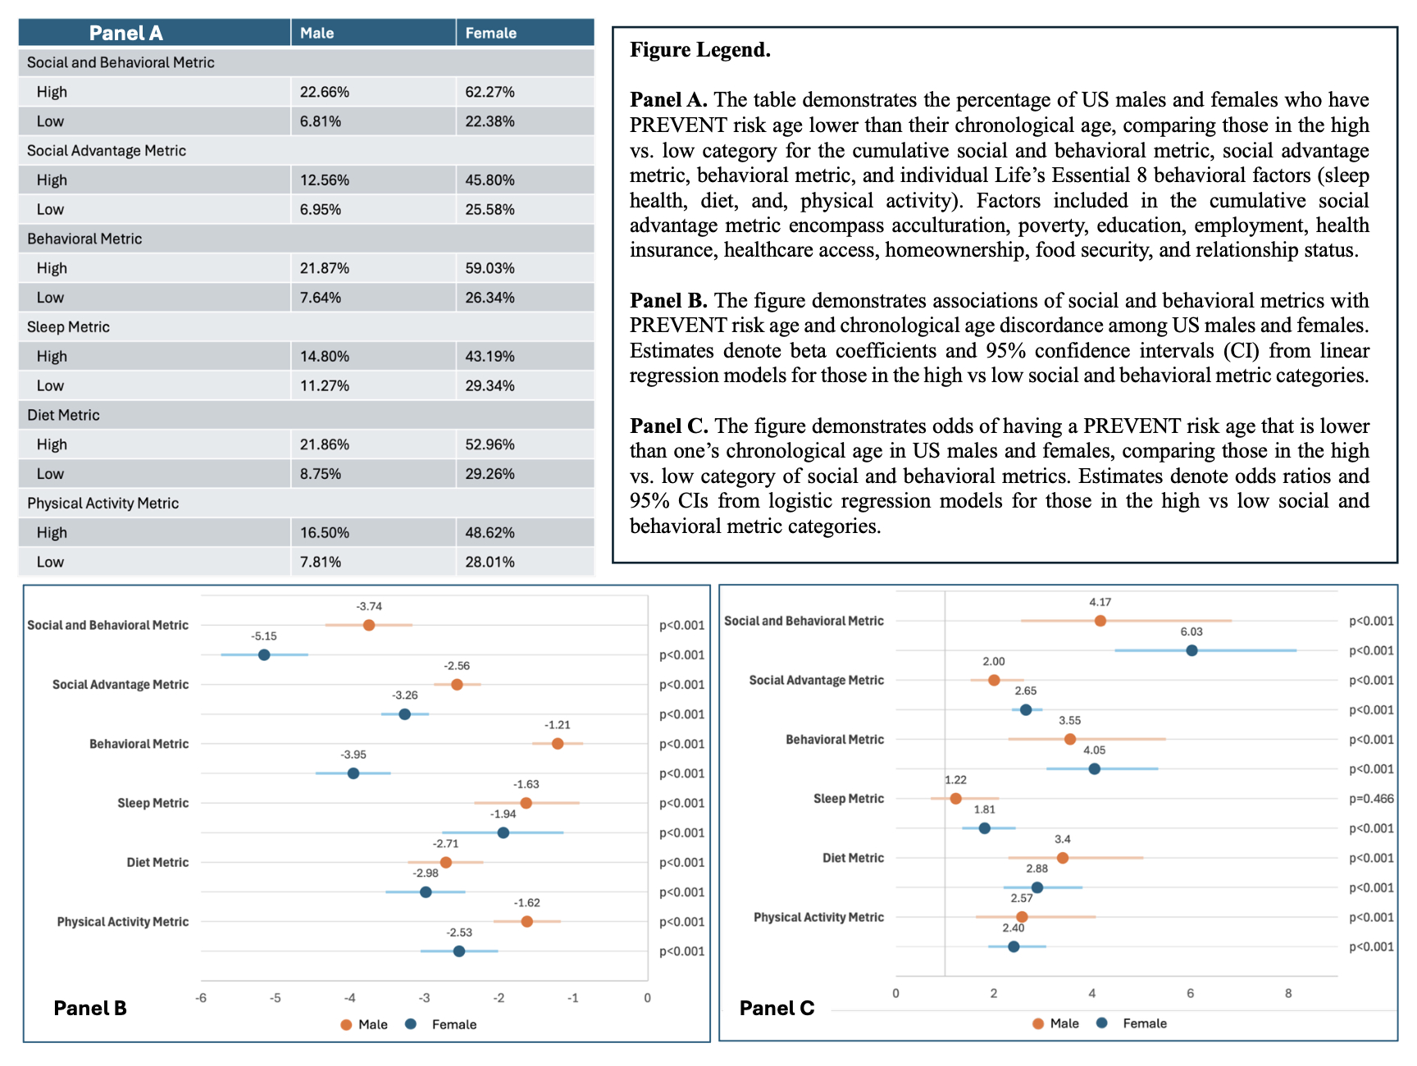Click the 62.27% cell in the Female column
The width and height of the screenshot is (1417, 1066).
tap(490, 92)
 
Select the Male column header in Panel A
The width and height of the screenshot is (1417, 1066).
tap(317, 33)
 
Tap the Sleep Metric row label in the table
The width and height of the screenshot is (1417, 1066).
tap(68, 327)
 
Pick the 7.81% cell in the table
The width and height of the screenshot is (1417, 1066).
tap(320, 562)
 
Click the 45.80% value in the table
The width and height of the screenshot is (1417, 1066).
tap(490, 180)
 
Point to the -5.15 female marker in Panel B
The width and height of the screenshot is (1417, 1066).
tap(264, 654)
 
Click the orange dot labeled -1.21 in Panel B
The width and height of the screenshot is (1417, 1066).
tap(558, 744)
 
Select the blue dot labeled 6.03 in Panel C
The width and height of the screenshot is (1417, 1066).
tap(1191, 650)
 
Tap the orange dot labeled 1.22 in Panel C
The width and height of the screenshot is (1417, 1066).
tap(955, 799)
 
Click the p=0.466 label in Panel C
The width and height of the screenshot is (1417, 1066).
tap(1371, 799)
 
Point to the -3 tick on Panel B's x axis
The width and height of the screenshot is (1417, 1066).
tap(424, 998)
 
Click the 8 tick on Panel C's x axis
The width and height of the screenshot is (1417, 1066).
tap(1288, 994)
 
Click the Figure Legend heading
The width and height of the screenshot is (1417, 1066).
tap(699, 50)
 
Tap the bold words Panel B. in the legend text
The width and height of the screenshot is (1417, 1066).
tap(667, 301)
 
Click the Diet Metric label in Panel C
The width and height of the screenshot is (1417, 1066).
tap(853, 858)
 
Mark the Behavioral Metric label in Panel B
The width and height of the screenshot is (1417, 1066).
tap(139, 744)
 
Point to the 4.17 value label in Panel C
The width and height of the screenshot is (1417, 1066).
tap(1100, 603)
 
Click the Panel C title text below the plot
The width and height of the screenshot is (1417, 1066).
tap(777, 1008)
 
